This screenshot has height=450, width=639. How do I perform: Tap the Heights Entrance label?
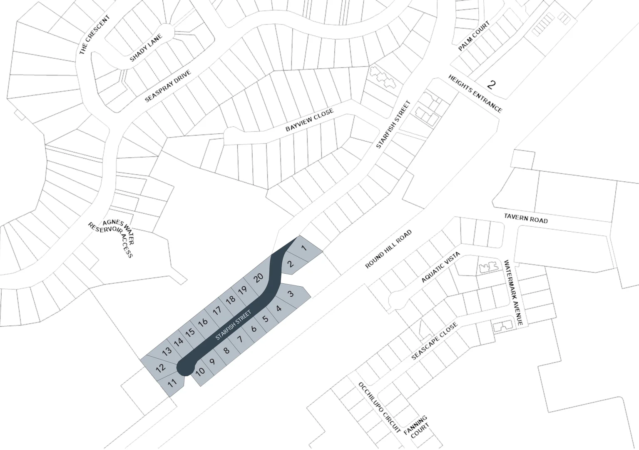475,94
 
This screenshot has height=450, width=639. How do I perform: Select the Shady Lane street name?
145,48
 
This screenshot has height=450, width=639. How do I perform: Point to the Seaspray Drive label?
168,86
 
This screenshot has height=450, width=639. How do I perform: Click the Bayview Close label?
309,121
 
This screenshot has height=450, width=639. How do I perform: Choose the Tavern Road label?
526,218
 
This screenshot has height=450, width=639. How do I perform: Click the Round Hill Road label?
388,249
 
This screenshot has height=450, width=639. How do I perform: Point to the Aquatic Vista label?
440,267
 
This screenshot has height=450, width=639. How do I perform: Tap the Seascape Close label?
434,341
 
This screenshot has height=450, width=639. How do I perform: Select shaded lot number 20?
259,277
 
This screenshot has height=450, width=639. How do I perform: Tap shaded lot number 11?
172,383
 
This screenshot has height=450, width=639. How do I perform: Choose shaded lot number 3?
291,293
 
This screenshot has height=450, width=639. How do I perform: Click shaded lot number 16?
203,322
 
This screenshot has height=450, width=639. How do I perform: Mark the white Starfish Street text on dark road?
233,325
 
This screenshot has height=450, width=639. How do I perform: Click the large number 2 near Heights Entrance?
492,85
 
